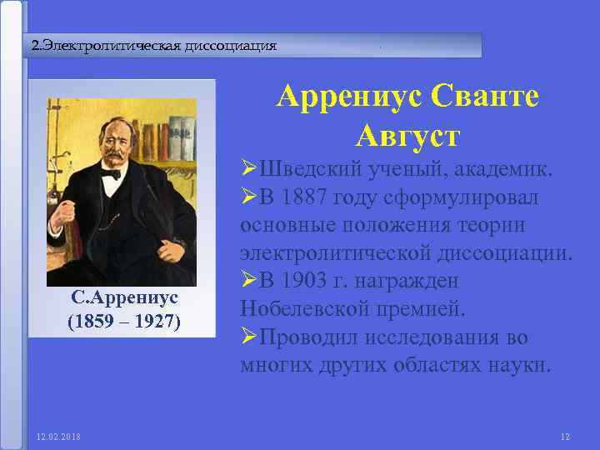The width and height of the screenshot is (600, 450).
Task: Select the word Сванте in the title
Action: pos(486,97)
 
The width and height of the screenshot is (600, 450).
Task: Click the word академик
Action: pos(497,170)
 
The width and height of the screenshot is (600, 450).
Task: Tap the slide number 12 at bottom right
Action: pos(564,437)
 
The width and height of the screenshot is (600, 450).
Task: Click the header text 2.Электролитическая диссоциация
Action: pos(153,45)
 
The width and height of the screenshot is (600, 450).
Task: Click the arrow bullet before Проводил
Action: pos(248,337)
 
